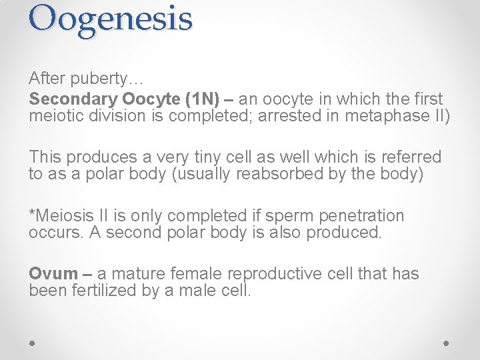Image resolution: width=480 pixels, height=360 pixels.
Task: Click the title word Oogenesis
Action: click(x=110, y=19)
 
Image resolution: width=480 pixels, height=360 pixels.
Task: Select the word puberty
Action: click(x=101, y=79)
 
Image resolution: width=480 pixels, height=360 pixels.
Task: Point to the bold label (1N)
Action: click(x=201, y=99)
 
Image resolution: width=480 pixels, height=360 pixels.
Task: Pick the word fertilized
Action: click(x=102, y=291)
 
